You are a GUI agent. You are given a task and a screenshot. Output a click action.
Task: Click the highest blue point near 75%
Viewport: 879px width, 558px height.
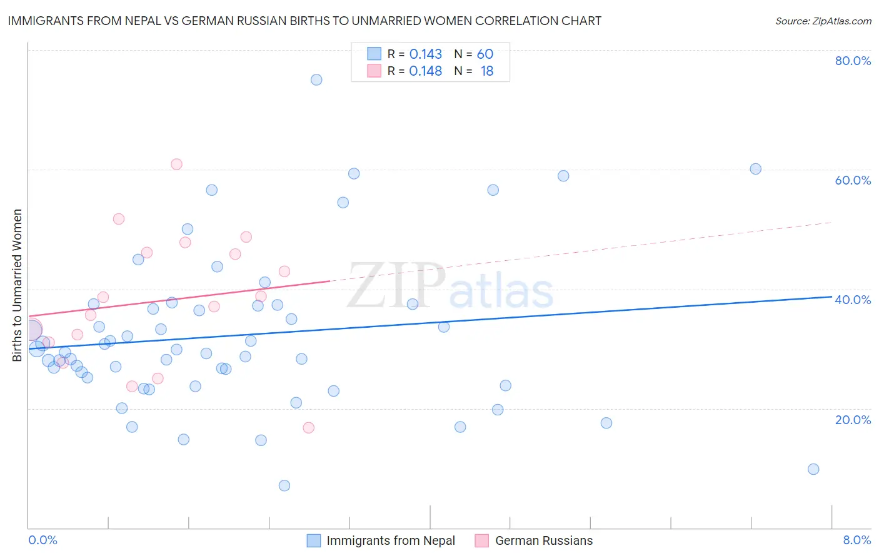click(316, 79)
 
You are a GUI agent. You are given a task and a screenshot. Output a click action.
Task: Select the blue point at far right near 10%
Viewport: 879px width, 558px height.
click(813, 469)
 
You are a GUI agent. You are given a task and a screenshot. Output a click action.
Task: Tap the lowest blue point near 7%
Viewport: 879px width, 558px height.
click(284, 485)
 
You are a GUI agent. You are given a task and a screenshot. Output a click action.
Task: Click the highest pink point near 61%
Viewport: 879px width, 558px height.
click(176, 165)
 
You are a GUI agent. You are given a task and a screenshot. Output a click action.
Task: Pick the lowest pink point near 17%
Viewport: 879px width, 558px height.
click(308, 428)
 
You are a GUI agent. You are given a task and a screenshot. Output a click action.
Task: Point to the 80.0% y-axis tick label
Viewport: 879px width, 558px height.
click(853, 61)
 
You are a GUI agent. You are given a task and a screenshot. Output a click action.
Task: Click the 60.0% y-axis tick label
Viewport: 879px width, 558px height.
click(853, 180)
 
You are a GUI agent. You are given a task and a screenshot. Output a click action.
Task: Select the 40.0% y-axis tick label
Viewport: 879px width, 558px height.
click(853, 300)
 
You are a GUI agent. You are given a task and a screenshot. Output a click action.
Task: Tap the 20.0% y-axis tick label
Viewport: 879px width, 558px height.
click(853, 420)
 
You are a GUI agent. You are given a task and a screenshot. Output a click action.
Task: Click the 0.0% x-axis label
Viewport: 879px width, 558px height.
click(43, 540)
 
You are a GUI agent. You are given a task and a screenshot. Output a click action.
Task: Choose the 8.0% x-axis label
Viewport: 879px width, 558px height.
click(856, 540)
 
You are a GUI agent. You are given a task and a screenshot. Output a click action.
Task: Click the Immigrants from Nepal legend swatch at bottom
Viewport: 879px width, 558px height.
click(314, 540)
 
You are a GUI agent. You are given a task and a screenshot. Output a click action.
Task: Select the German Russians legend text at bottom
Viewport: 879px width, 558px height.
click(544, 540)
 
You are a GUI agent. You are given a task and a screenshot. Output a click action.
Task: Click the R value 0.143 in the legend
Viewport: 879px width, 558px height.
click(425, 54)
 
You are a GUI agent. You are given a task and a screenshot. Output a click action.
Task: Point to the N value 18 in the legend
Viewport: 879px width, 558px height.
click(487, 71)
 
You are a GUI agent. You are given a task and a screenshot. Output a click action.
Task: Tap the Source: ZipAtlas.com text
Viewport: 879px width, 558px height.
click(823, 21)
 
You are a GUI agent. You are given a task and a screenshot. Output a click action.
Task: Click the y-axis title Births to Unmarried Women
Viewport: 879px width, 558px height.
click(18, 285)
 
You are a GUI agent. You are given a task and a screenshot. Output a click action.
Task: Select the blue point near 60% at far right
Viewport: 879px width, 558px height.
click(756, 169)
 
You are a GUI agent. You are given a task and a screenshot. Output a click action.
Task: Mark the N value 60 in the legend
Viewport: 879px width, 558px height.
click(485, 54)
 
